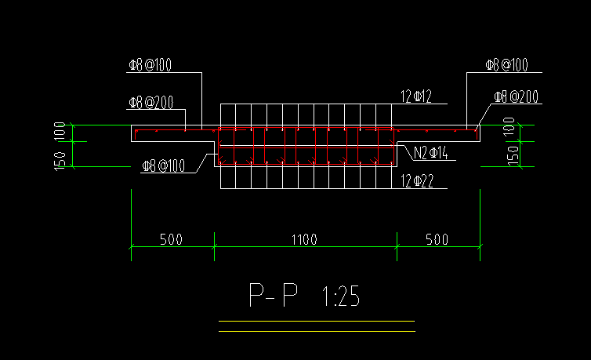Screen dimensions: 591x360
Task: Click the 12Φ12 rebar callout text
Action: (x=416, y=96)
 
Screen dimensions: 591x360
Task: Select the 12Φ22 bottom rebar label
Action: (x=417, y=181)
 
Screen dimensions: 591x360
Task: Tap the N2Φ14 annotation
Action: (x=431, y=153)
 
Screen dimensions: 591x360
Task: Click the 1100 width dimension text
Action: (x=305, y=239)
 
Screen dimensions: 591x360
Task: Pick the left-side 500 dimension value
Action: (x=171, y=239)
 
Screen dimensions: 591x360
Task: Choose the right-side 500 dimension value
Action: (x=437, y=239)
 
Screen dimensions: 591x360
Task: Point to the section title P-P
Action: (x=274, y=296)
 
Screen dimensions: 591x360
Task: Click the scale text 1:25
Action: (x=341, y=296)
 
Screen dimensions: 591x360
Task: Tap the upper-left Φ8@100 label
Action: (x=150, y=65)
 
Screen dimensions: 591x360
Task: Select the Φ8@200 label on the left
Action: (x=150, y=103)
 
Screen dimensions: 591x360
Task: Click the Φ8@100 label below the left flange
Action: (x=164, y=165)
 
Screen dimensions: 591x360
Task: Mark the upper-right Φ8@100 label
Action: (x=506, y=65)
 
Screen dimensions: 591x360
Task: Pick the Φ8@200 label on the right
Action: (x=517, y=97)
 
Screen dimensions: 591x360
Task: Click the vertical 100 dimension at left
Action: (x=60, y=131)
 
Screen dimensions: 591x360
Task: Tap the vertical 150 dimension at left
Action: (x=60, y=162)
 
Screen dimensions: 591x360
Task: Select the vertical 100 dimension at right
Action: (x=509, y=126)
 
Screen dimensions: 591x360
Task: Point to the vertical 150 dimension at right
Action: (x=513, y=155)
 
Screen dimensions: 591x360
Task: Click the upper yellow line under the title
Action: (x=317, y=321)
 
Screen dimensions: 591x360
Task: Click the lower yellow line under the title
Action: (x=317, y=331)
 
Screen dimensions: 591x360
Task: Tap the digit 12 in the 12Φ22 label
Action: (x=406, y=181)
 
